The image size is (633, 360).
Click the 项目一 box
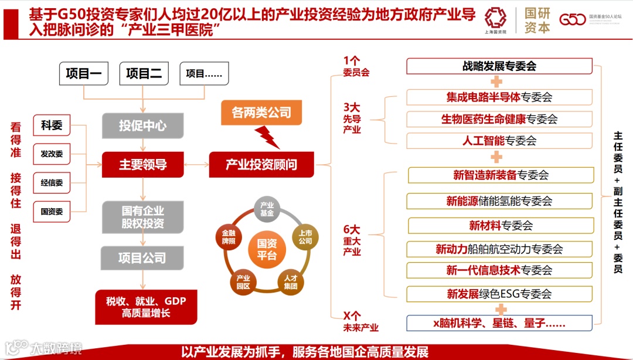coord(84,73)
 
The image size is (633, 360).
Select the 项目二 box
coord(144,73)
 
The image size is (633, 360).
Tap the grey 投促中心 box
coord(143,125)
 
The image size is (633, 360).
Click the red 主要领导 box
coord(143,165)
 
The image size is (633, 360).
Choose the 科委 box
coord(52,125)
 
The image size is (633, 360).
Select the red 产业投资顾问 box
coord(261,165)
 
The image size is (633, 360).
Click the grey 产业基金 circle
coord(267,210)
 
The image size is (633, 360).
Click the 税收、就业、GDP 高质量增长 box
coord(146,307)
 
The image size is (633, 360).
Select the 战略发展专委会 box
coord(499,66)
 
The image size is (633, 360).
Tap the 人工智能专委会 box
coord(499,141)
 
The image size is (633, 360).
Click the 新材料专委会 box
coord(499,226)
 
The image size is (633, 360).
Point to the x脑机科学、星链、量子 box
coord(499,323)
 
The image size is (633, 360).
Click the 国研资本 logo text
coord(537,21)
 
